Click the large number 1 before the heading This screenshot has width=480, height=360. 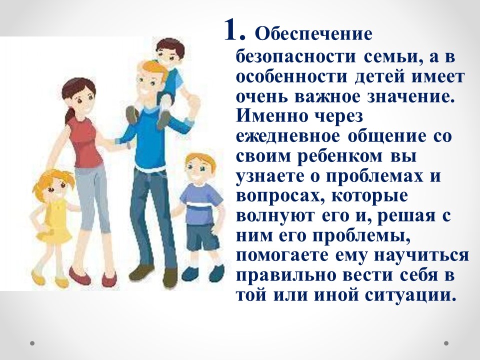(x=234, y=30)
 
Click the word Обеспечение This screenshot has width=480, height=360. (x=314, y=34)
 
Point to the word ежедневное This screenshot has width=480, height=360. (x=288, y=136)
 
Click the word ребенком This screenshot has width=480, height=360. (x=340, y=156)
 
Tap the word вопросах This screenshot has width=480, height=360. (x=279, y=196)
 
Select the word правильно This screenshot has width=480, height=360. (x=286, y=275)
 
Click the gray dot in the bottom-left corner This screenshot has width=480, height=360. (x=32, y=343)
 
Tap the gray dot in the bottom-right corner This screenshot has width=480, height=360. (x=446, y=343)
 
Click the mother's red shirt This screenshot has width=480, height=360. (x=85, y=141)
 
